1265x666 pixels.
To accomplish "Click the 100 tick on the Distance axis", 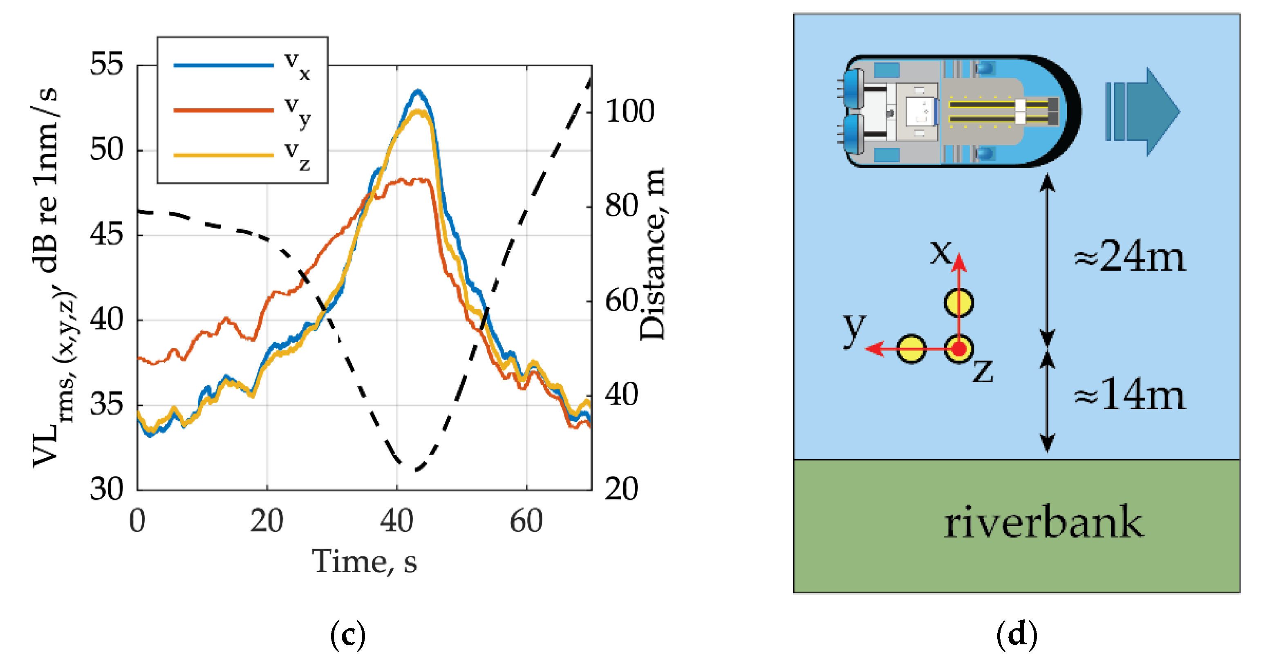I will click(x=630, y=111).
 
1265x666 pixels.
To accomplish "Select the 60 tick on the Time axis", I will click(x=526, y=522).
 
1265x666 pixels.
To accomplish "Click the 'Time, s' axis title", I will click(x=364, y=561).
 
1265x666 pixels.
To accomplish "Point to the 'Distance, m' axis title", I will click(x=653, y=254).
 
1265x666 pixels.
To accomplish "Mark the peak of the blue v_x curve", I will click(x=418, y=91).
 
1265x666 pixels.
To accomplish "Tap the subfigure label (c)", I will click(x=348, y=635).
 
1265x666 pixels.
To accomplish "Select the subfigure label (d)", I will click(x=1016, y=635).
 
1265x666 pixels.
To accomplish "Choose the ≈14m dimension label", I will click(x=1129, y=395).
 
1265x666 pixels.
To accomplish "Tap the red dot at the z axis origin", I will click(x=959, y=349).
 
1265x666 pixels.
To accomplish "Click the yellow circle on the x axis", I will click(x=959, y=302).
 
